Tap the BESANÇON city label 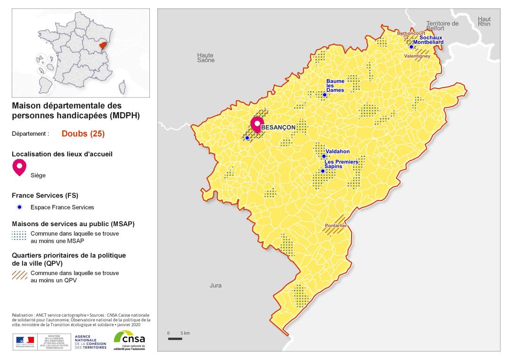click(x=278, y=128)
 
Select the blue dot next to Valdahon click(x=323, y=156)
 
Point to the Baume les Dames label click(x=335, y=86)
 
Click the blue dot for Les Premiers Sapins click(x=322, y=171)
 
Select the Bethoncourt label click(x=410, y=33)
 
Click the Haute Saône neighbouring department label click(x=205, y=57)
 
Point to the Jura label click(x=215, y=286)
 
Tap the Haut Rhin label click(x=484, y=21)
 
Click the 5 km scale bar click(x=175, y=338)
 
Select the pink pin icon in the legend click(x=19, y=167)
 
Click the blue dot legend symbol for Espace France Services click(x=19, y=207)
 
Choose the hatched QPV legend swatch click(x=19, y=276)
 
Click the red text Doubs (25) click(x=83, y=133)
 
